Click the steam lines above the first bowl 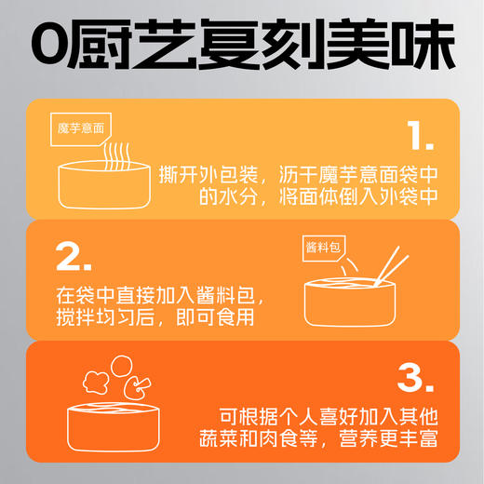pyautogui.click(x=115, y=154)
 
